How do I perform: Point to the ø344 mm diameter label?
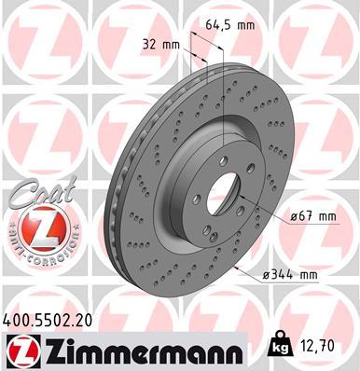[290, 274]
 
